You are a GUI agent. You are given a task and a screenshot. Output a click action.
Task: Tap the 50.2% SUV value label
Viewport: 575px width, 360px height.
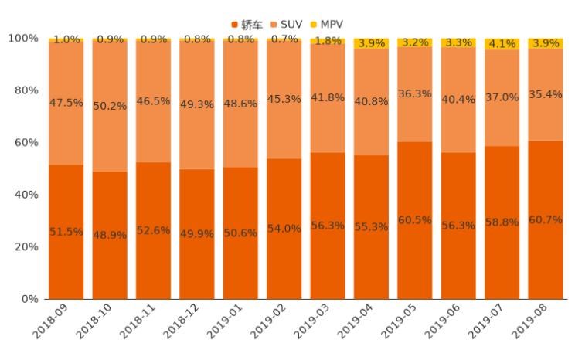[x=110, y=107]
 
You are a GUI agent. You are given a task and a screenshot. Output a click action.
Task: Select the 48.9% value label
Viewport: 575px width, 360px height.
[x=110, y=235]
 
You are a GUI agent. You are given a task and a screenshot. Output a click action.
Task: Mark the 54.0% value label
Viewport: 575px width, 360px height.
[x=284, y=229]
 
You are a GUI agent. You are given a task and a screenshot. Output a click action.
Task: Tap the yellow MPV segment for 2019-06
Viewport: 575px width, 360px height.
[x=458, y=43]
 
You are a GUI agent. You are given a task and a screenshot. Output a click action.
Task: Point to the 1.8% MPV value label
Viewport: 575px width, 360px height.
[x=328, y=41]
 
